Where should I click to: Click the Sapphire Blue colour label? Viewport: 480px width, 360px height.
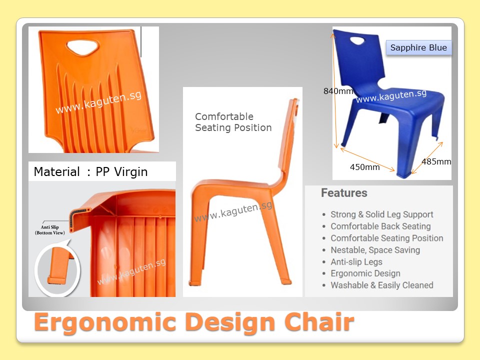(418, 48)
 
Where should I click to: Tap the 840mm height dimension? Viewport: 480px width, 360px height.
(338, 91)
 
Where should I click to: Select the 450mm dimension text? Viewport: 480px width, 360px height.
(364, 167)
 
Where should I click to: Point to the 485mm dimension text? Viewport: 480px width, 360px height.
(436, 161)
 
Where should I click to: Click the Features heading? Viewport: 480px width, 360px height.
(344, 193)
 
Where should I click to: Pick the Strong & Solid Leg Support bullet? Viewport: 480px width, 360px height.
(381, 214)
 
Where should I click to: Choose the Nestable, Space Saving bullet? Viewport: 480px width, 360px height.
(375, 250)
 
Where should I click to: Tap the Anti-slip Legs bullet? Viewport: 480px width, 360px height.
(356, 261)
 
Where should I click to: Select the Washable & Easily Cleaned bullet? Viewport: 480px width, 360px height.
(381, 285)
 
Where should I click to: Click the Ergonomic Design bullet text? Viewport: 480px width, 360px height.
(365, 273)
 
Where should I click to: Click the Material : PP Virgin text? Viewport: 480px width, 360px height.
(90, 171)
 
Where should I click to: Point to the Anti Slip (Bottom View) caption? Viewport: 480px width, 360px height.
(50, 230)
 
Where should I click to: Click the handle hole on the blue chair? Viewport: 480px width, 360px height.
(357, 40)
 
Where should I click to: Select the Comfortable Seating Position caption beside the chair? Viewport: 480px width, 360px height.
(233, 122)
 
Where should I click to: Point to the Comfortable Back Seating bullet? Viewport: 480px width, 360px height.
(380, 226)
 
